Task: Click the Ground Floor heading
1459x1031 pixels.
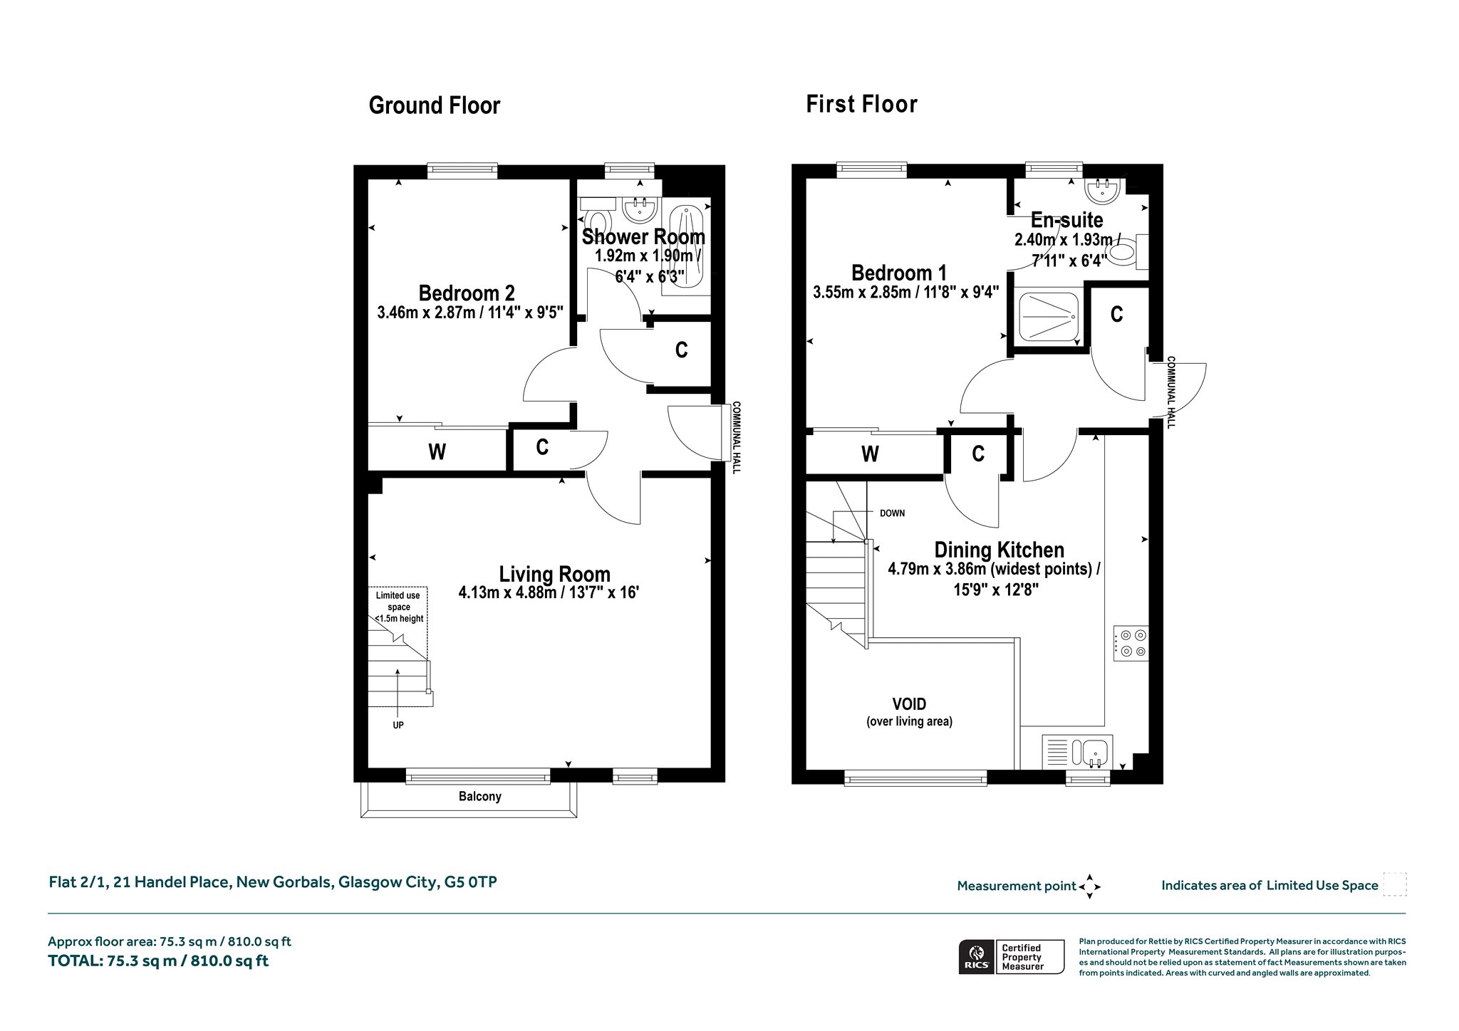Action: (x=435, y=105)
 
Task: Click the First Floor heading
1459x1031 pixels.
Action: (x=861, y=104)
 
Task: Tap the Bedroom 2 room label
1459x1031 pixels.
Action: (x=467, y=293)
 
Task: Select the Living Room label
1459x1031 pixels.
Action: (x=554, y=574)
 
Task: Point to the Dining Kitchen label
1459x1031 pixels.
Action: (x=999, y=550)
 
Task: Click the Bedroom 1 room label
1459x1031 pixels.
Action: (x=899, y=273)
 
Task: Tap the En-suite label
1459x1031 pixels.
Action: (x=1066, y=220)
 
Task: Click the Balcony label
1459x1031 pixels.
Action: (x=479, y=796)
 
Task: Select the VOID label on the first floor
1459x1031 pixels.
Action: (x=909, y=704)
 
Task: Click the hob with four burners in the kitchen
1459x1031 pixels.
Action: (x=1131, y=643)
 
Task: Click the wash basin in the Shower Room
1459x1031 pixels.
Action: (x=640, y=209)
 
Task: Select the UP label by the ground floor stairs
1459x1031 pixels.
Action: (x=398, y=725)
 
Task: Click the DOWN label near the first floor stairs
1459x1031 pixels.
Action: (x=892, y=513)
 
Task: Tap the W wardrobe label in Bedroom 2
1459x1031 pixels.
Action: (x=437, y=452)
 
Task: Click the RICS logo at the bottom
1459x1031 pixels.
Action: (x=977, y=956)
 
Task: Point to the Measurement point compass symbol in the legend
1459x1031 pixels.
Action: (x=1089, y=886)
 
